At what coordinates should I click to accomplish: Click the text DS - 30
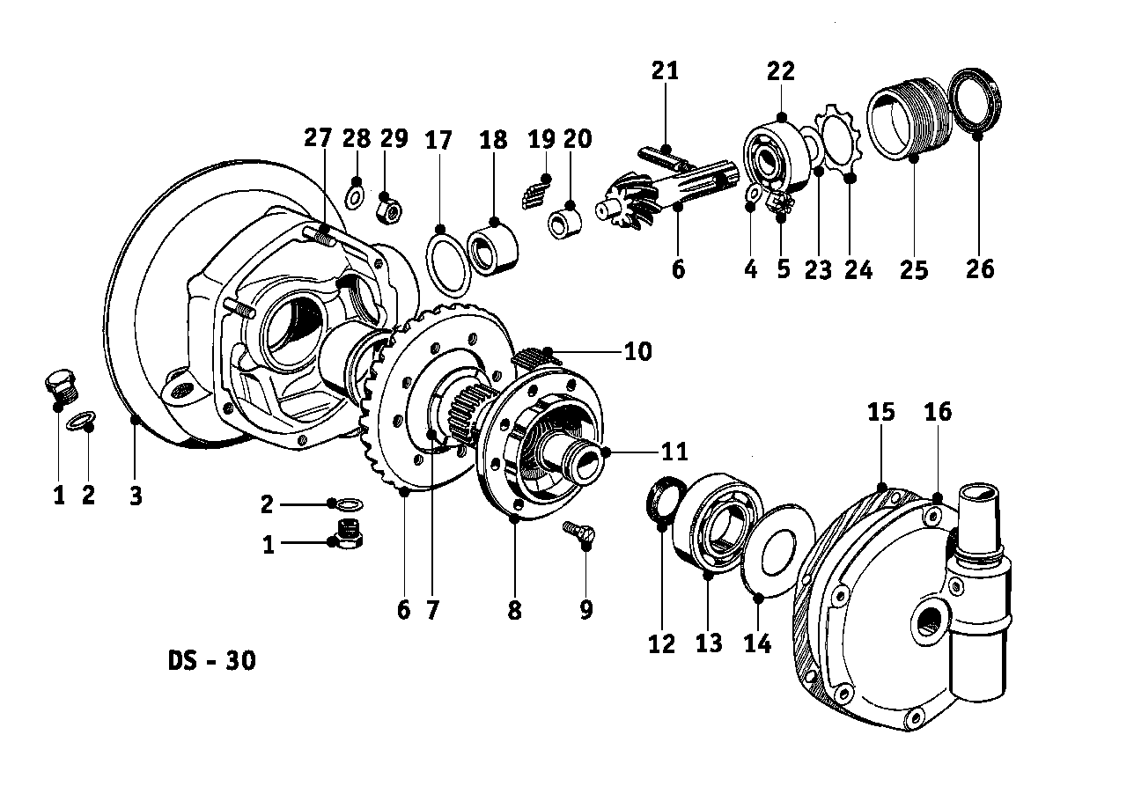212,660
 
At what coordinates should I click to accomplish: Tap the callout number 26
979,268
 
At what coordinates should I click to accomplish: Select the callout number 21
666,70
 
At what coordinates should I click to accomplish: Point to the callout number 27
319,138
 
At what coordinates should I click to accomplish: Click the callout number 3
135,496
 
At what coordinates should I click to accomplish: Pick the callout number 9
586,608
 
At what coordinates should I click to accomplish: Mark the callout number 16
938,412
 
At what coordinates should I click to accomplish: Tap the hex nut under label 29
388,209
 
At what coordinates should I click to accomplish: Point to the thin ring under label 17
448,261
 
